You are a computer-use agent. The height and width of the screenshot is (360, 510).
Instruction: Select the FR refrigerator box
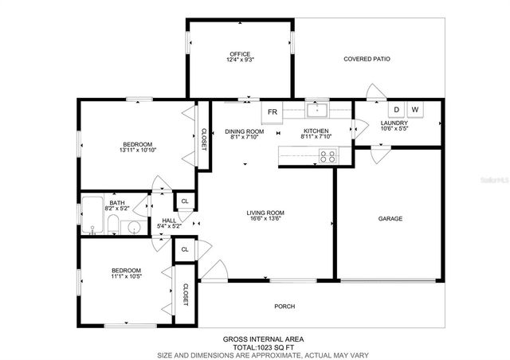273,112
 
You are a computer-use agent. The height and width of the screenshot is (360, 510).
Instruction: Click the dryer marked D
396,110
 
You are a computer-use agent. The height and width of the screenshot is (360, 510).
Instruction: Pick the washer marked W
415,110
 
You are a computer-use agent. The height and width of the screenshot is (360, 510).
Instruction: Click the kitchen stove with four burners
327,156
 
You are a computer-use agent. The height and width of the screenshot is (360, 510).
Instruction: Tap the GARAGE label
390,218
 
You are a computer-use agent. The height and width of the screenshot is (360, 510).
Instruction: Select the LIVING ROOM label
265,213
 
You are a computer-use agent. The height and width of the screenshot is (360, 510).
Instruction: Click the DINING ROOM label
244,131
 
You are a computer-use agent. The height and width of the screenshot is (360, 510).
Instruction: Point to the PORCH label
284,306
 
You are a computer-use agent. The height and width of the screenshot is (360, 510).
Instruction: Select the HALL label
169,221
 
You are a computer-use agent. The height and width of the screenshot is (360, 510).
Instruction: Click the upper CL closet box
185,202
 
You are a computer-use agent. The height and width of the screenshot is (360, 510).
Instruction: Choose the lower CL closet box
185,249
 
